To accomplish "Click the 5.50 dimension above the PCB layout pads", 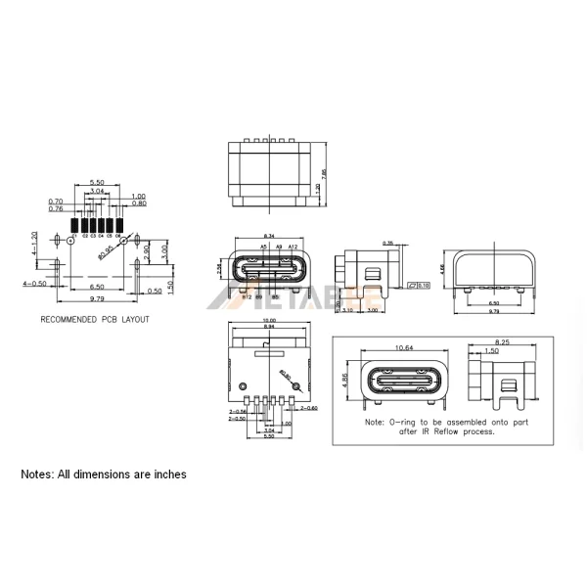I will click(x=97, y=183).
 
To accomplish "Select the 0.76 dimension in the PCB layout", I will click(x=56, y=208).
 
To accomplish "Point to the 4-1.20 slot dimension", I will click(x=34, y=243).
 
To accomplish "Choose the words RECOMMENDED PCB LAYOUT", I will click(x=95, y=320).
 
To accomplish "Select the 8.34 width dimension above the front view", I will click(x=269, y=237).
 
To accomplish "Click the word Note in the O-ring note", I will click(x=374, y=423).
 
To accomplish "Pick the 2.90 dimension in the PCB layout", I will click(x=146, y=252).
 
